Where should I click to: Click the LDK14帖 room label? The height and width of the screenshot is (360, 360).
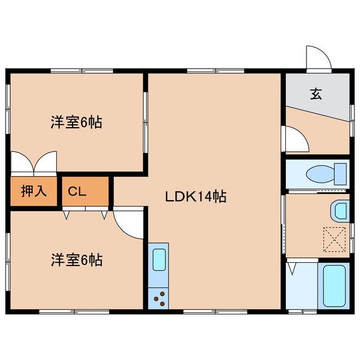[196, 197]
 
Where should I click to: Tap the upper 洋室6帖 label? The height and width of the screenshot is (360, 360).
[76, 123]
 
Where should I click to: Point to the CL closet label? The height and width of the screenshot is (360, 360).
[77, 191]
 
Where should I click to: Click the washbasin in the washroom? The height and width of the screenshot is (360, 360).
[341, 210]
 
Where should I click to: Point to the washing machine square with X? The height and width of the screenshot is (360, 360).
[334, 238]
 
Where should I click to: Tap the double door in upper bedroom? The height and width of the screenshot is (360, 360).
[34, 161]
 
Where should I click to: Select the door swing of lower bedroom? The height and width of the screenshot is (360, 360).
[127, 220]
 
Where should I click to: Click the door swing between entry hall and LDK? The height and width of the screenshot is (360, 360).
[296, 139]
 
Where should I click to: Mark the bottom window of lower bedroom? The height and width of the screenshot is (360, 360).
[74, 310]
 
